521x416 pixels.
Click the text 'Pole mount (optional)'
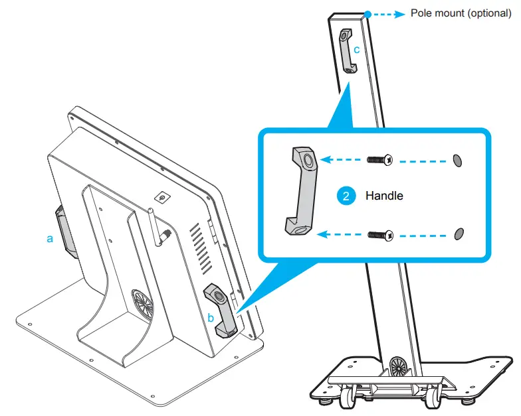click(x=460, y=13)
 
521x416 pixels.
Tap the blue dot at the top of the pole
click(x=367, y=13)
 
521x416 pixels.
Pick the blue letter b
click(x=211, y=317)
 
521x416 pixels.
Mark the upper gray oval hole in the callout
click(x=457, y=160)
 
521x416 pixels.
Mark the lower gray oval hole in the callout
click(x=457, y=233)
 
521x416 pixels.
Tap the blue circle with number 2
click(x=345, y=196)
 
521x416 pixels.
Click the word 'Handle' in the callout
click(x=384, y=196)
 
